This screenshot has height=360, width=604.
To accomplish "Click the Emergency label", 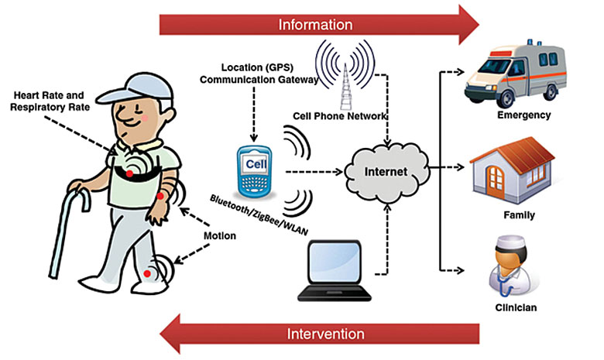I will pyautogui.click(x=524, y=115).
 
